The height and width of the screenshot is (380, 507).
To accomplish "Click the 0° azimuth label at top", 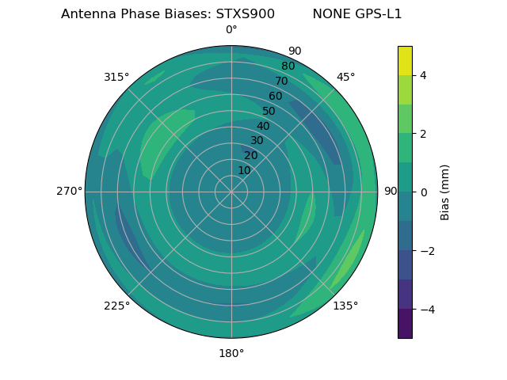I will tap(231, 30).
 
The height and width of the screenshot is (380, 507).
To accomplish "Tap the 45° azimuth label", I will tap(345, 77).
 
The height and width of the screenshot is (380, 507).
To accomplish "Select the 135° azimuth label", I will tap(345, 306).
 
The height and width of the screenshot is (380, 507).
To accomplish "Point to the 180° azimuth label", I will tap(231, 353).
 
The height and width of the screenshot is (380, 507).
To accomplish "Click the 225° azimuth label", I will tap(116, 306).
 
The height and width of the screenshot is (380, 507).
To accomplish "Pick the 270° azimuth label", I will tap(69, 191).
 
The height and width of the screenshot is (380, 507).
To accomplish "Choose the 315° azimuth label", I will tap(116, 77).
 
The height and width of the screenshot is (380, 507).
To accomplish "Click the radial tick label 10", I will tap(244, 170).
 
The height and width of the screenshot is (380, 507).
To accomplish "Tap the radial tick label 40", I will tap(263, 126).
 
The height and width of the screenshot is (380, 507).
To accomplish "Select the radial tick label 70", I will tap(281, 81).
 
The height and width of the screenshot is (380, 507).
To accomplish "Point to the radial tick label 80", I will tap(288, 66).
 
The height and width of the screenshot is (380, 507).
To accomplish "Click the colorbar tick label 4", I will tap(423, 75).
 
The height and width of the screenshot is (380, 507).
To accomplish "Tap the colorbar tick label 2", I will tap(423, 134).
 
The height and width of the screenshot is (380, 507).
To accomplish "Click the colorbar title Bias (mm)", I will tap(445, 192).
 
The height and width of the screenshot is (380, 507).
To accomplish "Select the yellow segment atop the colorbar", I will tap(405, 60).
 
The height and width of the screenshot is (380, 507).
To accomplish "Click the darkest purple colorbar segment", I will tap(405, 324).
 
